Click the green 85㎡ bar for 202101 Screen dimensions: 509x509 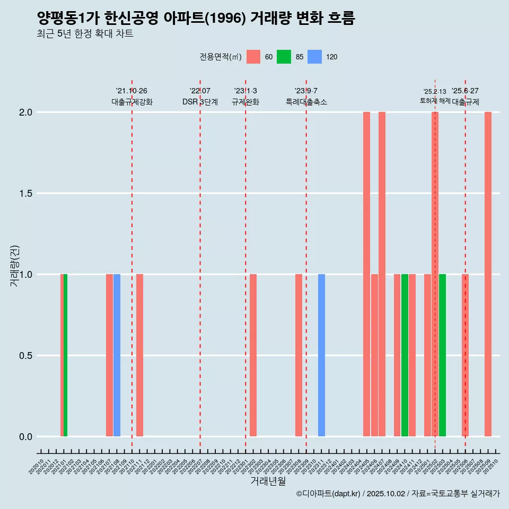pos(65,355)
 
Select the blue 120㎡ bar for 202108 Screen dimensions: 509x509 pos(117,355)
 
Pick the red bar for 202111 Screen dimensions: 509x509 pos(139,355)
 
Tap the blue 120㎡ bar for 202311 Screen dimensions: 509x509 pos(321,355)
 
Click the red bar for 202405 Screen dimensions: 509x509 pos(366,274)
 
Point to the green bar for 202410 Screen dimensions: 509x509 pos(405,355)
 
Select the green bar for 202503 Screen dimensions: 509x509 pos(442,355)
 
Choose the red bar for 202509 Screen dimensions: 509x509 pos(488,274)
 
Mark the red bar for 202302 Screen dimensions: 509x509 pos(253,355)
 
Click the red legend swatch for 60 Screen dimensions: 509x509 pos(253,57)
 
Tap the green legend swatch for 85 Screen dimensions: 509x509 pos(284,57)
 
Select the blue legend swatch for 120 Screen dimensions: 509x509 pos(315,57)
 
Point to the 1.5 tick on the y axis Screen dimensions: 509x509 pos(25,194)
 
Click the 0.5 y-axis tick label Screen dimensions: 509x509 pos(25,356)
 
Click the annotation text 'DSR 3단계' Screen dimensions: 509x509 pos(200,102)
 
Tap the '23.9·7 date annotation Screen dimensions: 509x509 pos(306,91)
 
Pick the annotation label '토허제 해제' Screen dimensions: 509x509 pos(435,101)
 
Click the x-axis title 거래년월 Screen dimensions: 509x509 pos(268,481)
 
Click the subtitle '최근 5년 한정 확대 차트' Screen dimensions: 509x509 pos(85,34)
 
